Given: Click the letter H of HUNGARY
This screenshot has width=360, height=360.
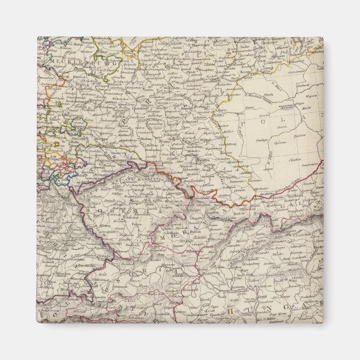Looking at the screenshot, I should pos(230,311).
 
